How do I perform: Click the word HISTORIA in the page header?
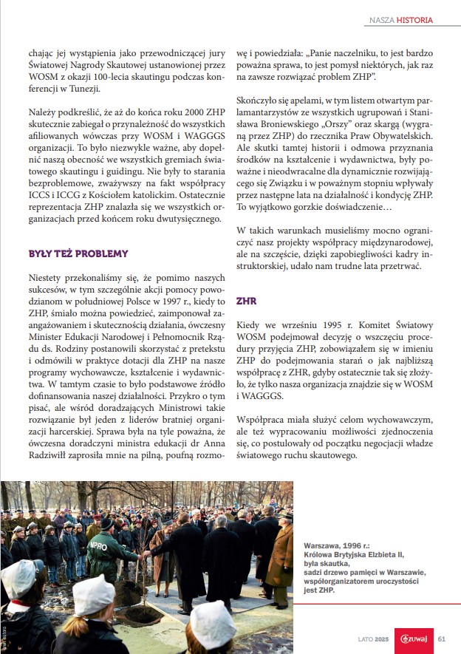click(x=414, y=20)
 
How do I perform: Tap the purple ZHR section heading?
click(x=246, y=301)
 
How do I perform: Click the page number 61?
click(x=441, y=639)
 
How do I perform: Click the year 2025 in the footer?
click(x=381, y=639)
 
